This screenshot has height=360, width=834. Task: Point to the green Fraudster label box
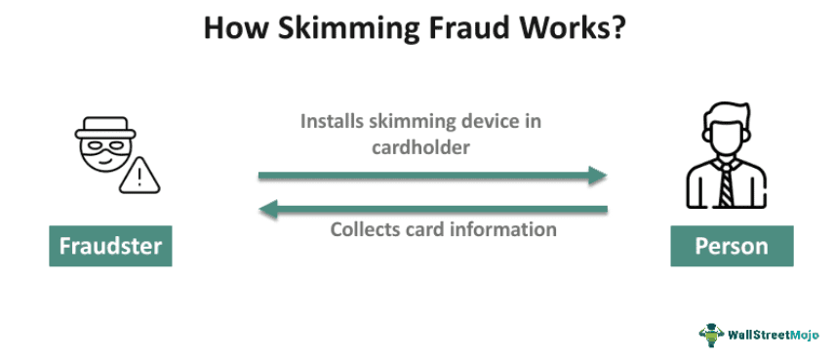pyautogui.click(x=110, y=246)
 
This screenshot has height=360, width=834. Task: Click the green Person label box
pyautogui.click(x=731, y=246)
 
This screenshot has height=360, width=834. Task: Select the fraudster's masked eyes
pyautogui.click(x=102, y=151)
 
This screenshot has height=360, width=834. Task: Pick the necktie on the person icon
pyautogui.click(x=727, y=182)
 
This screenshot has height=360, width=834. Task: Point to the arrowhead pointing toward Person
pyautogui.click(x=598, y=177)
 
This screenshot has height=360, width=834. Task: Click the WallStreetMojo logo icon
pyautogui.click(x=710, y=335)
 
